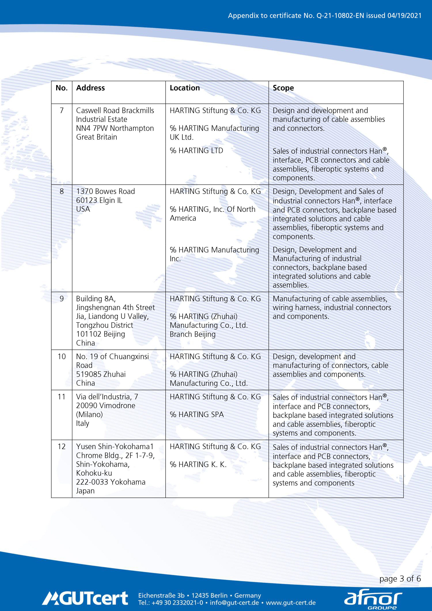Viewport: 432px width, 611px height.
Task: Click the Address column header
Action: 91,88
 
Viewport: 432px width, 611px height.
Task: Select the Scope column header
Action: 283,88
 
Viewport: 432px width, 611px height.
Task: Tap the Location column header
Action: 185,88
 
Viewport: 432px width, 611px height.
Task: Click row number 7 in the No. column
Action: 61,110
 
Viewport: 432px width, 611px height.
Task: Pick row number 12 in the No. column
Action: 61,447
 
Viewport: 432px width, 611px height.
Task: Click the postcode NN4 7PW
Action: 92,128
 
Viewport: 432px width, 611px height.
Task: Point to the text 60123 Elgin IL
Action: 99,200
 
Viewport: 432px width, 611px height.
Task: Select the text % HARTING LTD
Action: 197,151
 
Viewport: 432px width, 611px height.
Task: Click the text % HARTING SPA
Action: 197,414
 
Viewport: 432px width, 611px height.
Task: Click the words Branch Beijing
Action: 192,334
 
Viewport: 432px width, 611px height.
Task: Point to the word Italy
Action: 83,423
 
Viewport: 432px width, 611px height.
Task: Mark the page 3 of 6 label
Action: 400,579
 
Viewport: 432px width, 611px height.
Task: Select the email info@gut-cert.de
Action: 234,603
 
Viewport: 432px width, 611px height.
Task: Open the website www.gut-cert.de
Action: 291,603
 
